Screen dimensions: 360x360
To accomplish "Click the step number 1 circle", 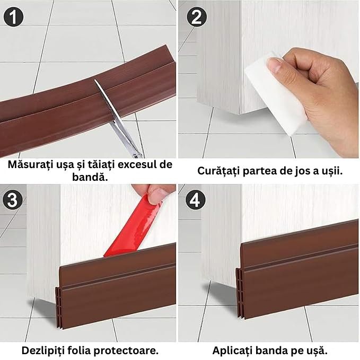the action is pos(13,17).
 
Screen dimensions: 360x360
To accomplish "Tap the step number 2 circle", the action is pos(196,17).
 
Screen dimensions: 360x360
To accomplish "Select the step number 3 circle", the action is pos(13,199).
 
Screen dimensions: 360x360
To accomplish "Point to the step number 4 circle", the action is pos(196,199).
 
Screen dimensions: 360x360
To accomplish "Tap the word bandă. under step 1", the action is pos(90,177).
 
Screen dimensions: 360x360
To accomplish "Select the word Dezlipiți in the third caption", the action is pos(43,350).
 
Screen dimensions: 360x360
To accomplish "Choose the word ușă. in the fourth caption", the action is pos(316,350).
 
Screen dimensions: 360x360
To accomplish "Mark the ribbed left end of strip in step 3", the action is pos(58,309).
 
